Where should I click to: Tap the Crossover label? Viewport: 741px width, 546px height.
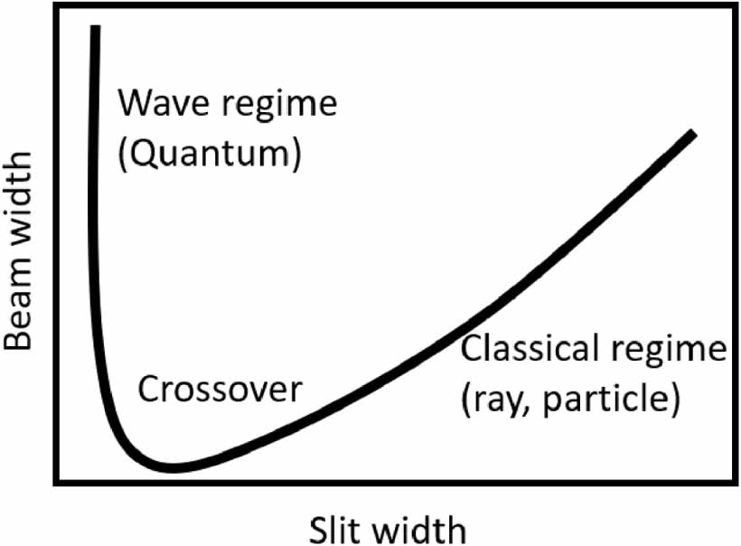pos(219,390)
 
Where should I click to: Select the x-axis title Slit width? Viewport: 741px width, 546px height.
pos(388,527)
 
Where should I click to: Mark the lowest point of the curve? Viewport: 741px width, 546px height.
pos(172,467)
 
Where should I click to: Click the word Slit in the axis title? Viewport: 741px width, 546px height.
pos(335,527)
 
